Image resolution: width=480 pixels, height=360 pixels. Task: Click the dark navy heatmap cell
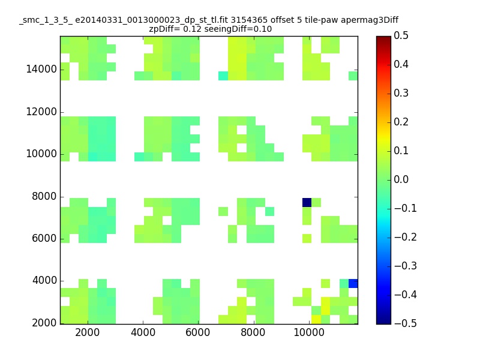point(307,202)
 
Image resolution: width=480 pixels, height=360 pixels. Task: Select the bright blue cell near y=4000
point(353,283)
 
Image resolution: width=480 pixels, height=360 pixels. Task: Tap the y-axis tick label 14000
point(41,69)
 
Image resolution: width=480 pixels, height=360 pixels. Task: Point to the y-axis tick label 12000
point(41,112)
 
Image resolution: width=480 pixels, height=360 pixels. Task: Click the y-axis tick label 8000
point(44,196)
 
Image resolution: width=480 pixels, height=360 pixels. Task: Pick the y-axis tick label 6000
point(44,238)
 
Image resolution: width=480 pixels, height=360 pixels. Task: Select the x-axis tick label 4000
point(143,332)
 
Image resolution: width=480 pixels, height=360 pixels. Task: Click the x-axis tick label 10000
point(309,332)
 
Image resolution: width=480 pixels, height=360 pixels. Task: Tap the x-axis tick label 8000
point(253,332)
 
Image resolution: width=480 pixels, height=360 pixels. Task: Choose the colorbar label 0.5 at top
point(401,35)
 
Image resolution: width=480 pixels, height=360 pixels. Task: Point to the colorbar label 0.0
point(401,179)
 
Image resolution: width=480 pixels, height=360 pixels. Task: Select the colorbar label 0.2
point(401,122)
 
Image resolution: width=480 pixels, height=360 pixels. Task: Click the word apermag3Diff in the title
point(370,20)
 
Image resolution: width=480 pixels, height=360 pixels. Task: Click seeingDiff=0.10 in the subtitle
point(238,29)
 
